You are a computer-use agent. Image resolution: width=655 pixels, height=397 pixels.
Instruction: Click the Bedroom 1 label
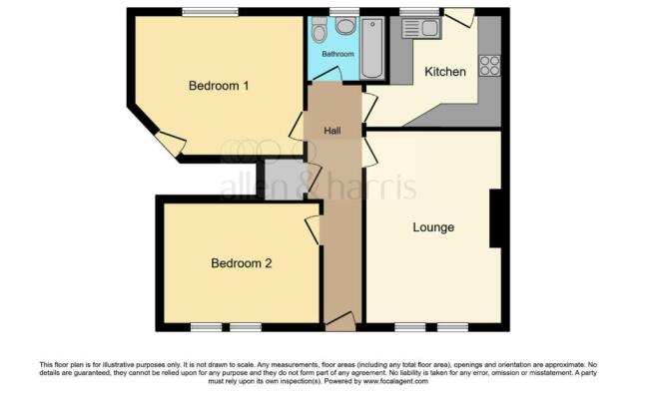click(x=219, y=86)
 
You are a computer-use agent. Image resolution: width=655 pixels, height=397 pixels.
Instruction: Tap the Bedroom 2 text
click(x=241, y=264)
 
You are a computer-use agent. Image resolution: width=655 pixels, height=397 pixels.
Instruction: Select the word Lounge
click(x=433, y=227)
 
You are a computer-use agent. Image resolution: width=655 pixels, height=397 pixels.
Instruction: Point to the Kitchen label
click(x=445, y=72)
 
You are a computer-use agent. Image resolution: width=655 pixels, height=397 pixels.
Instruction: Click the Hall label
click(x=333, y=131)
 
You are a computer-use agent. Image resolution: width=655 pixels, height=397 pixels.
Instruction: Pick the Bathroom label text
click(x=337, y=54)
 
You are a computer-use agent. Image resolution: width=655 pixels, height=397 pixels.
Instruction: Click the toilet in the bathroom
click(x=320, y=31)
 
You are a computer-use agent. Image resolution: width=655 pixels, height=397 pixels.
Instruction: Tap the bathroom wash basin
click(x=345, y=26)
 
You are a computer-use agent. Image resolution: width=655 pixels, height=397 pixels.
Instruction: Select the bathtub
click(x=373, y=47)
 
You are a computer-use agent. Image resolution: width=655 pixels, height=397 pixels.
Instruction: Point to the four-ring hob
click(x=489, y=66)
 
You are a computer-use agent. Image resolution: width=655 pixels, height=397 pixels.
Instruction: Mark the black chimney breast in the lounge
click(x=494, y=217)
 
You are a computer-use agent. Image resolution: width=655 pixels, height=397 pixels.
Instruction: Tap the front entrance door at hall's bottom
click(x=340, y=321)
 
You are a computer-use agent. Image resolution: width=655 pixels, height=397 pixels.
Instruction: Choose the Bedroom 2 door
click(x=314, y=230)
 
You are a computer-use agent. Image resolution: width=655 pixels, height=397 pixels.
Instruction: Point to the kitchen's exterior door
click(x=460, y=17)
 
